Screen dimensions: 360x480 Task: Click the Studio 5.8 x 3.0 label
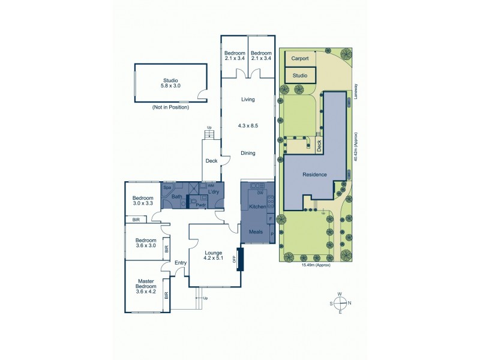point(171,83)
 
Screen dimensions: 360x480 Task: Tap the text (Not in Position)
point(171,107)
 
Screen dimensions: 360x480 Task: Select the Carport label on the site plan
point(299,59)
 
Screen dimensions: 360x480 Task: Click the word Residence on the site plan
point(314,175)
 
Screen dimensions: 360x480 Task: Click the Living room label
point(248,100)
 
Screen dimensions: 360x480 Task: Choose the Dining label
point(248,153)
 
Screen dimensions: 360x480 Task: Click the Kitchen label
point(257,206)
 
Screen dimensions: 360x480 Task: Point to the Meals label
point(256,230)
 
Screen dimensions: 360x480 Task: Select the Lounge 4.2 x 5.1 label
point(213,256)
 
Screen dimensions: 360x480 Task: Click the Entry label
point(181,263)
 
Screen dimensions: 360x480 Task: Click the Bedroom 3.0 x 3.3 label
point(143,201)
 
